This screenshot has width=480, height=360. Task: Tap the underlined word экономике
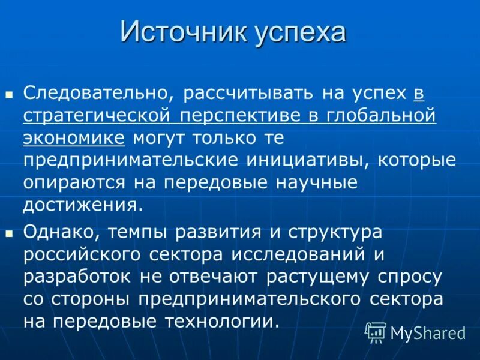point(74,138)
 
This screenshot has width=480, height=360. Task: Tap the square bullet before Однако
point(9,233)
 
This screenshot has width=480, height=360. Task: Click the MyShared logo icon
point(376,331)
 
